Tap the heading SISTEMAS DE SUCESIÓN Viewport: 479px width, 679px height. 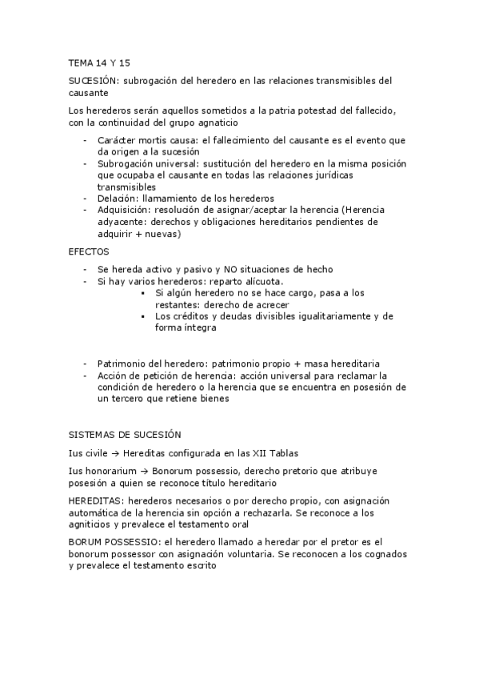coord(126,434)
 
